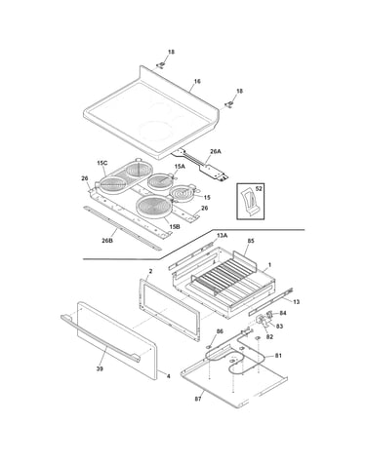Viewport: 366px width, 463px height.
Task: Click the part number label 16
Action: [197, 81]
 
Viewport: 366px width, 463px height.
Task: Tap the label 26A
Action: [216, 151]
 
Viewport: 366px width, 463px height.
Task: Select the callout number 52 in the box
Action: [259, 189]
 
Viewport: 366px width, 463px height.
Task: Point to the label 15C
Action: [102, 163]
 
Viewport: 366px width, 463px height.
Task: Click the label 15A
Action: [180, 167]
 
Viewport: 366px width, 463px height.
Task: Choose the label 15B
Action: [175, 227]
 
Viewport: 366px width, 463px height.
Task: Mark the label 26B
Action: [107, 241]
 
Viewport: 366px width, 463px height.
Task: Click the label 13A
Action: [222, 236]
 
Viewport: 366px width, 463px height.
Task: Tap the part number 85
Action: [251, 241]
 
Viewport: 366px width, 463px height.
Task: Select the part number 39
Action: [100, 368]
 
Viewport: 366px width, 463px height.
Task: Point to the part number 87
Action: [198, 399]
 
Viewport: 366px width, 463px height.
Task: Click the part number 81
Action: [278, 356]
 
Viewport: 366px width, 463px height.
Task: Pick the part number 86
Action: [220, 331]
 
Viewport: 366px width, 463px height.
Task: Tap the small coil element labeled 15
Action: [183, 194]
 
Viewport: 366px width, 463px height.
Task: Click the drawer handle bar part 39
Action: [101, 338]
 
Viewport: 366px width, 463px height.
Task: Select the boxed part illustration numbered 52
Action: [250, 201]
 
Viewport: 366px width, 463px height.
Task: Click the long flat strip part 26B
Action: [122, 228]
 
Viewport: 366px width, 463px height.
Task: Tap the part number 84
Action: [283, 313]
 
